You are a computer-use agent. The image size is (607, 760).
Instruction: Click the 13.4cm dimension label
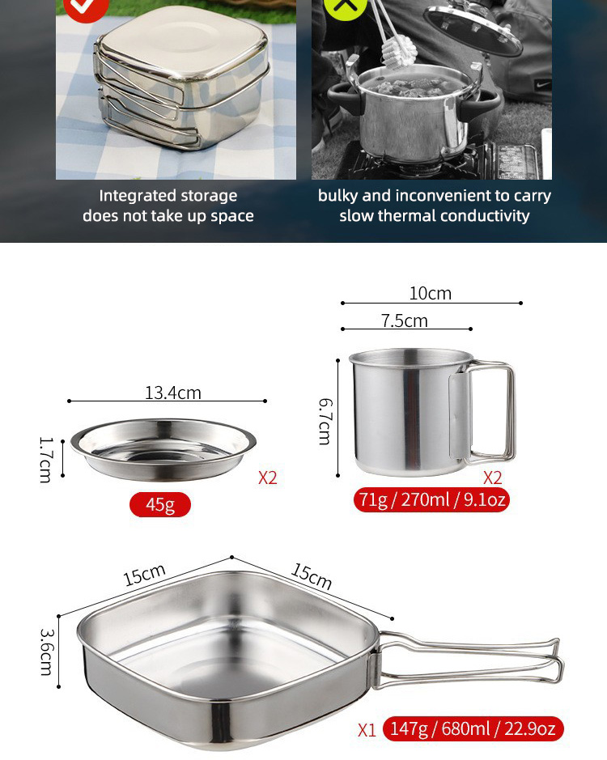173,393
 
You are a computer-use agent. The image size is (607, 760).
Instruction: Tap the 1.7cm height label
45,460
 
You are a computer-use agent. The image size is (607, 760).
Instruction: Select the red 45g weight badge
160,504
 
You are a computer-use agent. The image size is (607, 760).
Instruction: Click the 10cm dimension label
431,293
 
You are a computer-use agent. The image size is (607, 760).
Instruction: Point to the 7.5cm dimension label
405,321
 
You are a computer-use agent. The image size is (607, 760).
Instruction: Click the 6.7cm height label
325,421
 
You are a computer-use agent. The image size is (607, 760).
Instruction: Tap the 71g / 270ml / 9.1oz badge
431,499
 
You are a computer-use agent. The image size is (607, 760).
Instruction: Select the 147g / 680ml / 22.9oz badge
473,728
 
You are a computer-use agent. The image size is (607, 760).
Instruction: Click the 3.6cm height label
47,652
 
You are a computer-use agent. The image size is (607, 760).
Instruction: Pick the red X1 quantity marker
367,730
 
